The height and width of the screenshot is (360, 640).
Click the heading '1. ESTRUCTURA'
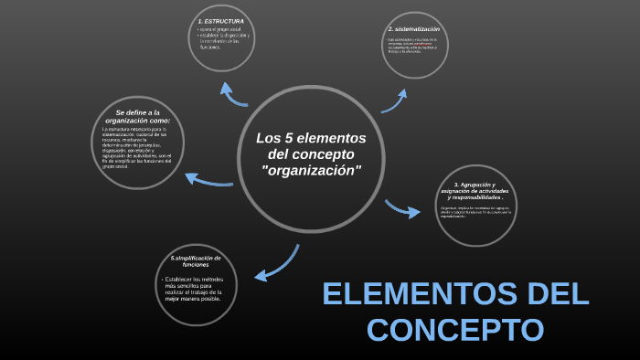(219, 20)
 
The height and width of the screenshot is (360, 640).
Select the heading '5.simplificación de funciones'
(196, 261)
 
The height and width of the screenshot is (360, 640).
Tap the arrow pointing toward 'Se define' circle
(209, 179)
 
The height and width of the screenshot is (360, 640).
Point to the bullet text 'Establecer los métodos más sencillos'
(194, 288)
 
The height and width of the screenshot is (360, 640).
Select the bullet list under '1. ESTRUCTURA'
(224, 38)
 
